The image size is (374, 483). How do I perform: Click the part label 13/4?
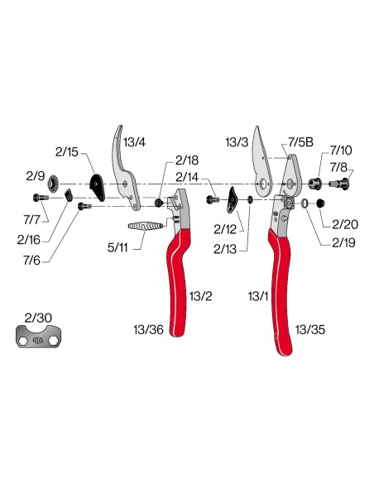[134, 142]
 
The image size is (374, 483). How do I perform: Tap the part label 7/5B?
[300, 142]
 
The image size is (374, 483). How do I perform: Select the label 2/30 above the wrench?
[38, 318]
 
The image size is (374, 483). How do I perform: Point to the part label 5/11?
[117, 247]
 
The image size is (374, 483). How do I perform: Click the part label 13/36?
[148, 330]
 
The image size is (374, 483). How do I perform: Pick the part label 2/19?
[343, 242]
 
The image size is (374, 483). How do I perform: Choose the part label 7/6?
[31, 261]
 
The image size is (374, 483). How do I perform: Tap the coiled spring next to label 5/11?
[145, 226]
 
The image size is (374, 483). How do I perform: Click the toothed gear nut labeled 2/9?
[53, 184]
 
